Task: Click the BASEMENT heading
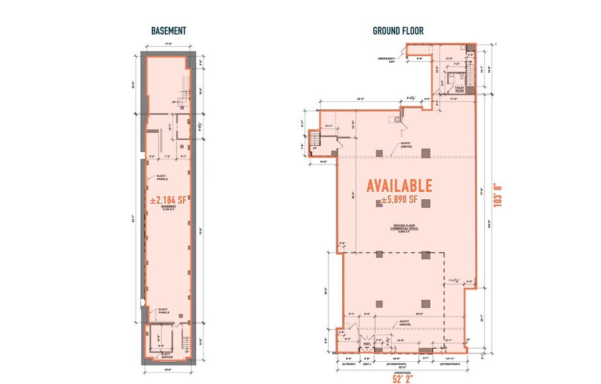pos(169,31)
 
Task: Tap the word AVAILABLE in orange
pos(399,185)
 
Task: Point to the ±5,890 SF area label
pos(400,200)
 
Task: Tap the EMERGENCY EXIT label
pos(387,59)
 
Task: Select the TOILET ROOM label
pos(460,88)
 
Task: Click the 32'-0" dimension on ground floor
pos(360,99)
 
